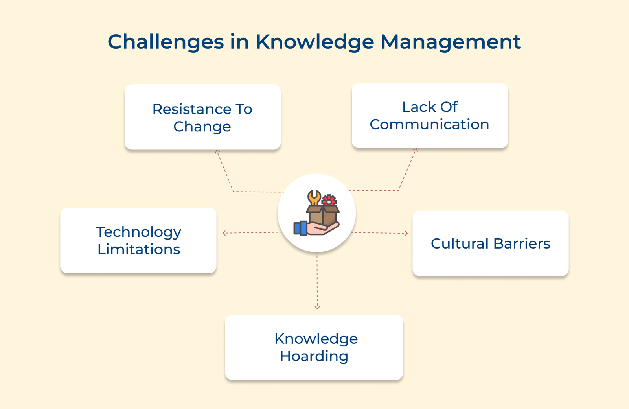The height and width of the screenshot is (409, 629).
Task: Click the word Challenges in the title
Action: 166,42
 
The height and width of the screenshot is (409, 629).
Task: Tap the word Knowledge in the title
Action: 314,42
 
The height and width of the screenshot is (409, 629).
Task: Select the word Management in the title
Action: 451,42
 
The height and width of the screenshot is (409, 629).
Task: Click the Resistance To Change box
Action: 202,117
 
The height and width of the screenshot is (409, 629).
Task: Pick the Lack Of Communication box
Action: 430,116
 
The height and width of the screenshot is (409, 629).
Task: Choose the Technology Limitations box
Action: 138,240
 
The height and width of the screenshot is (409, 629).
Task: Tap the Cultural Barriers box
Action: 490,243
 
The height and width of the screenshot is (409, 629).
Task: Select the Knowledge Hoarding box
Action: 314,347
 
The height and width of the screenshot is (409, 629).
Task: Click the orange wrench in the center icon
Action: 314,197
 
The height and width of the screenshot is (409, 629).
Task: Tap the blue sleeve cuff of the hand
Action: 300,228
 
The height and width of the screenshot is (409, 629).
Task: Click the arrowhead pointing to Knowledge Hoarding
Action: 317,307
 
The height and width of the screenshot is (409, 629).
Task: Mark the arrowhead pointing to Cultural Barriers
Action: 406,234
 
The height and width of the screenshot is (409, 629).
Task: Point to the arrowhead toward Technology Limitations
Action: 224,233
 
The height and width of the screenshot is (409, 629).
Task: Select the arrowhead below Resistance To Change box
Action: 217,151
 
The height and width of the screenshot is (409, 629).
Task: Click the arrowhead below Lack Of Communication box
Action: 416,150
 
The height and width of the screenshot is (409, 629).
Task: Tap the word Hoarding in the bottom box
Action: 314,356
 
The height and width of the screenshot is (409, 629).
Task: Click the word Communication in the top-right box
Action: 429,125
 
